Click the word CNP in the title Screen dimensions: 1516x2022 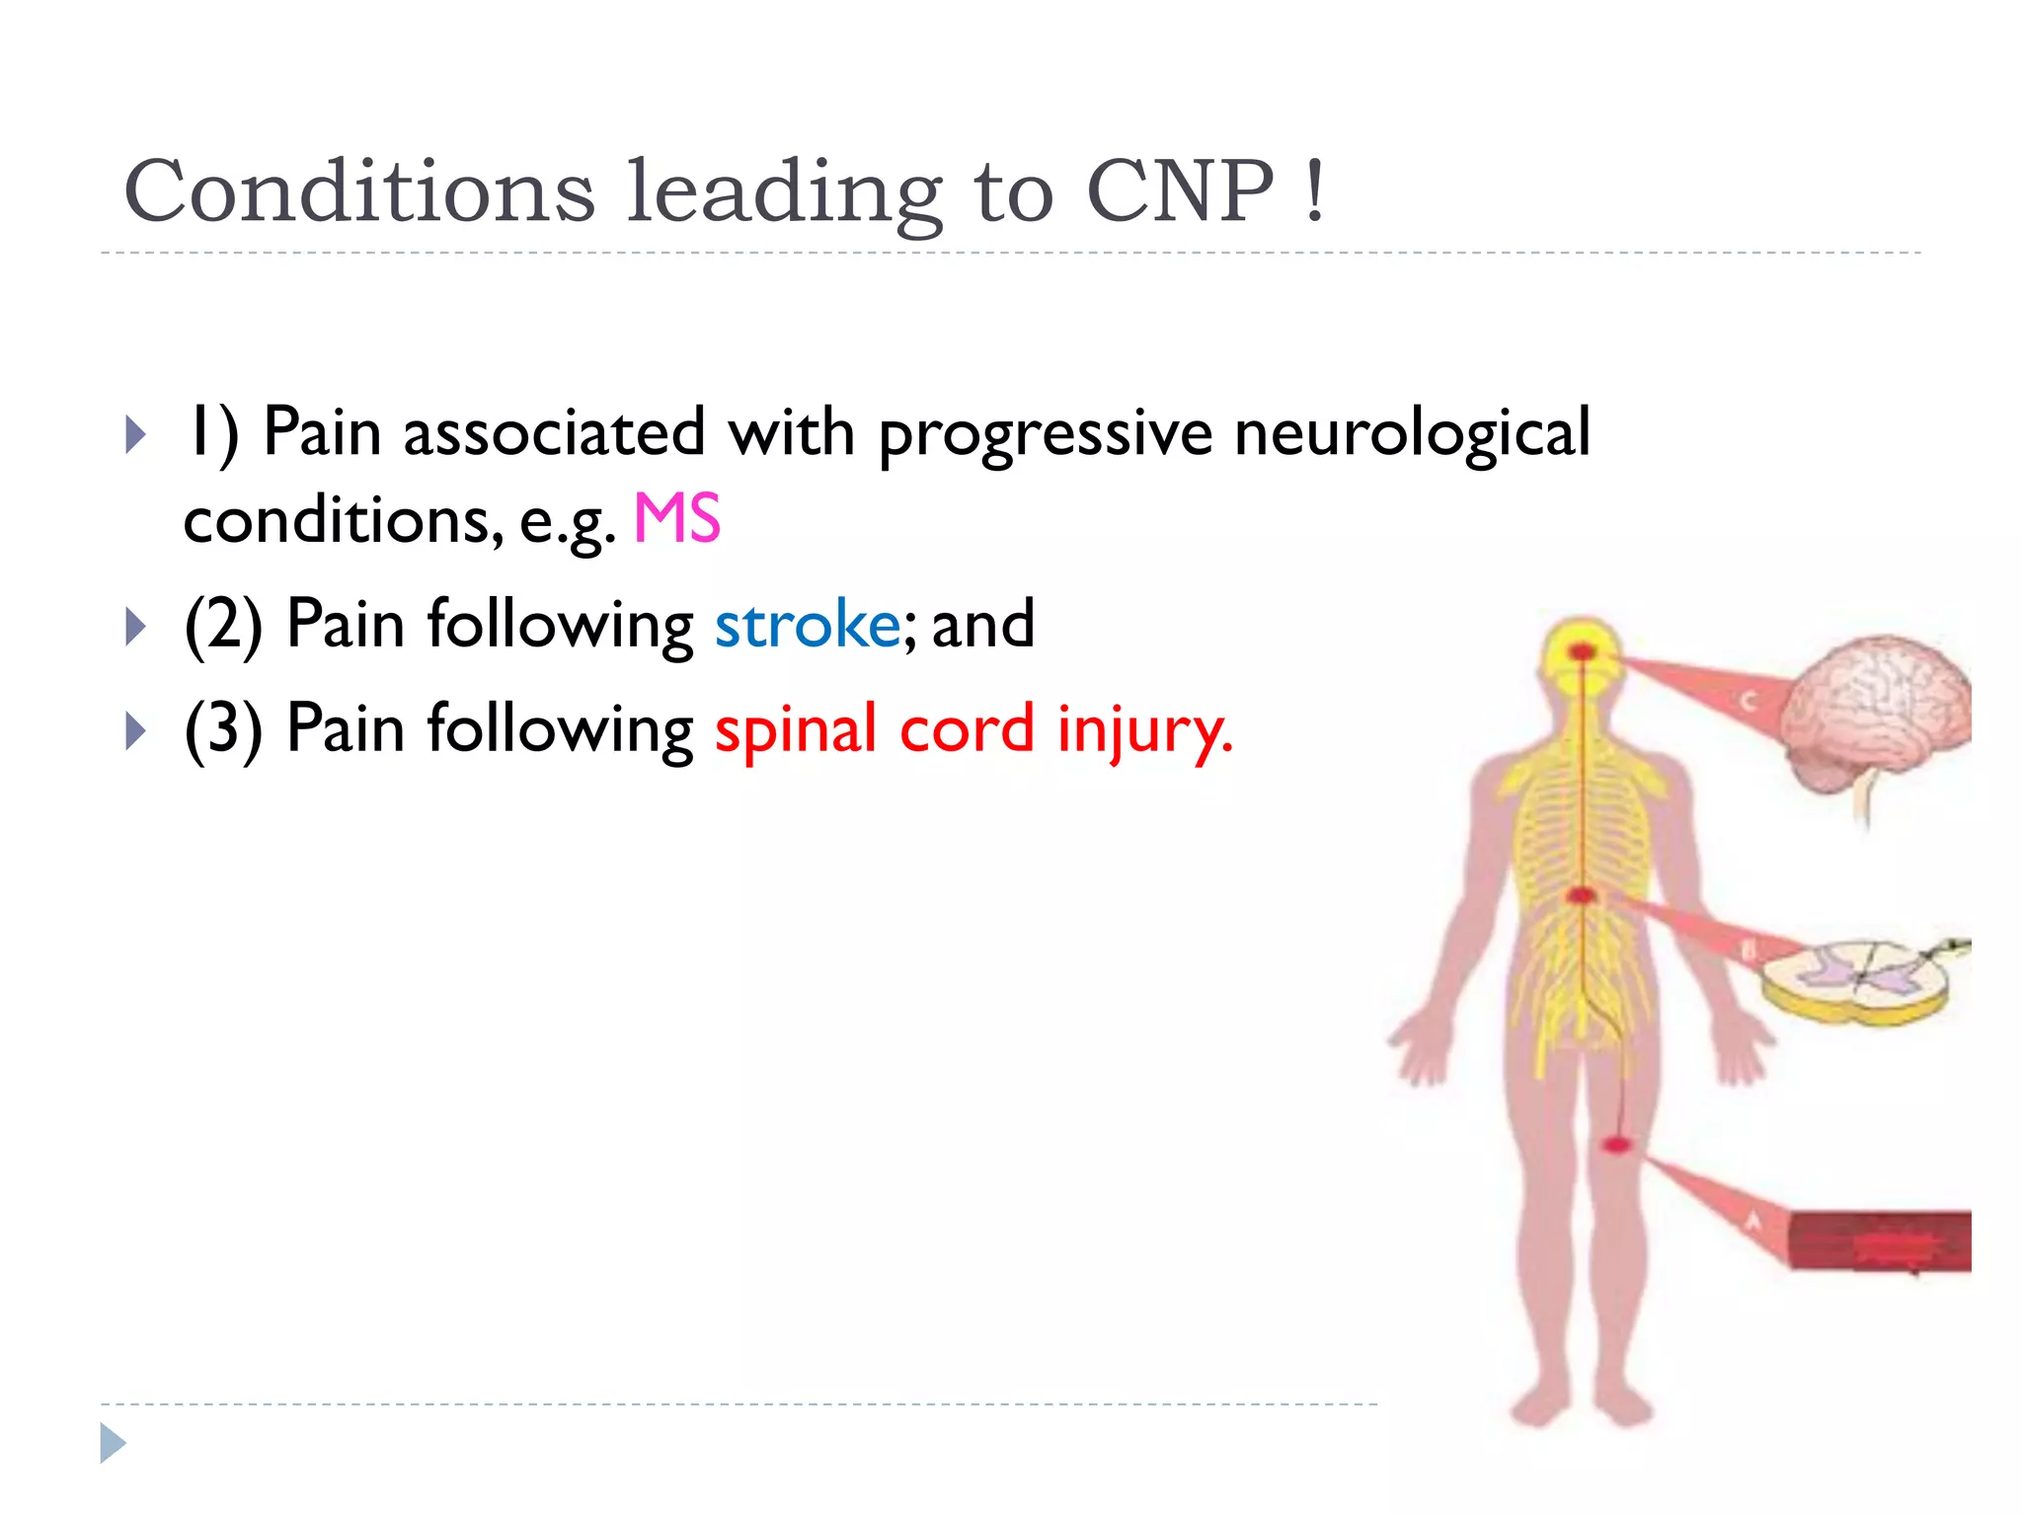[1179, 191]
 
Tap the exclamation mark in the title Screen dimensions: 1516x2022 [1313, 191]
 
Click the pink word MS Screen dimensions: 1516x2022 [677, 519]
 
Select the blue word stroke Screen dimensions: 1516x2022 [808, 625]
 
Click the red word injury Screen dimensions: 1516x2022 [1145, 730]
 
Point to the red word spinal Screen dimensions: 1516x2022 [796, 730]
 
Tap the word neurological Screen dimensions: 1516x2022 [1412, 434]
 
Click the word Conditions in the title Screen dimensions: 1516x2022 [359, 191]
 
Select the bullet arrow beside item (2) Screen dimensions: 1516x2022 [136, 626]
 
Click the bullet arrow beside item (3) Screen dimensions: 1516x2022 [136, 731]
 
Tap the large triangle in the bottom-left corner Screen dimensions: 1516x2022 [113, 1443]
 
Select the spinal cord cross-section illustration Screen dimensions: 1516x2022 [1856, 981]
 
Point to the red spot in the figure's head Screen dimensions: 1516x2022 [1583, 651]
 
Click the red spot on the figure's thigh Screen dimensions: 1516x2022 [1615, 1144]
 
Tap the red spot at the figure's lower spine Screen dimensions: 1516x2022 [1583, 895]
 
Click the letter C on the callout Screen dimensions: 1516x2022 [1747, 702]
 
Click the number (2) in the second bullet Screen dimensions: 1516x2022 [223, 626]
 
